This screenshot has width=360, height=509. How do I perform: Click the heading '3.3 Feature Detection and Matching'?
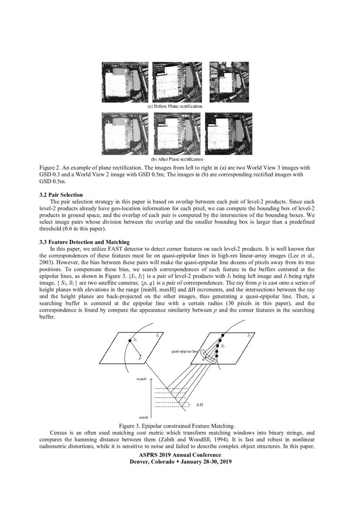click(x=84, y=242)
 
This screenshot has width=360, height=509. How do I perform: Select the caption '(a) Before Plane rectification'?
click(x=175, y=106)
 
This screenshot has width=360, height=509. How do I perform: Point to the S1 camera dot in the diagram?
click(x=130, y=340)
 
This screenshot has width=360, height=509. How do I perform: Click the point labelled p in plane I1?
click(x=140, y=358)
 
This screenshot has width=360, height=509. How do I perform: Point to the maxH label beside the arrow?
click(x=141, y=379)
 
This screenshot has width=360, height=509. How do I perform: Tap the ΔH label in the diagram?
click(x=200, y=405)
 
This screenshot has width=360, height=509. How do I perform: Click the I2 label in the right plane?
click(x=249, y=335)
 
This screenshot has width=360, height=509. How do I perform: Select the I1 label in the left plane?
click(x=158, y=335)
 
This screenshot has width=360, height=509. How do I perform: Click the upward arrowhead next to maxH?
click(x=151, y=379)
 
